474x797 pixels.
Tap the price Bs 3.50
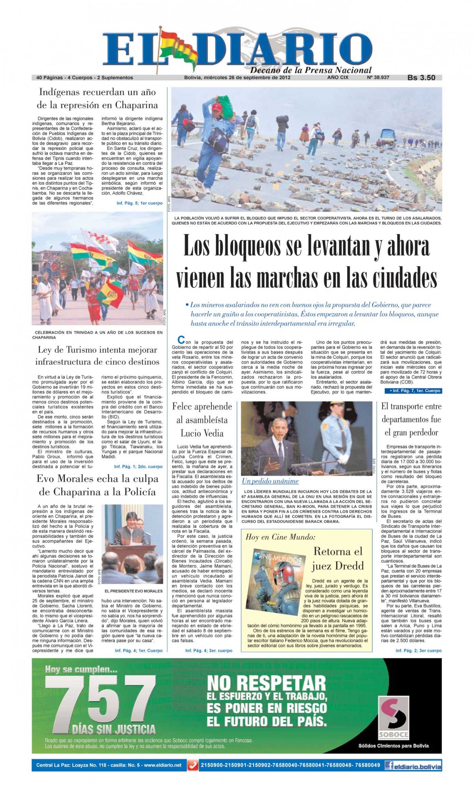coord(421,78)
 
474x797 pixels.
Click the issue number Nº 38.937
coord(378,77)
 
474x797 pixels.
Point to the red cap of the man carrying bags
coord(216,106)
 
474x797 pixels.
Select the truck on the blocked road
coord(388,137)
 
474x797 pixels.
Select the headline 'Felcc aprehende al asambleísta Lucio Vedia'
coord(202,419)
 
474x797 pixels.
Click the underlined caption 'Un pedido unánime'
coord(270,481)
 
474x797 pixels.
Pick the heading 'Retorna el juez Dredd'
coord(337,558)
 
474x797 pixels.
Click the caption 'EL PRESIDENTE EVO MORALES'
coord(134,591)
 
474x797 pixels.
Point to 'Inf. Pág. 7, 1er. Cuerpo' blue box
coord(412,391)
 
